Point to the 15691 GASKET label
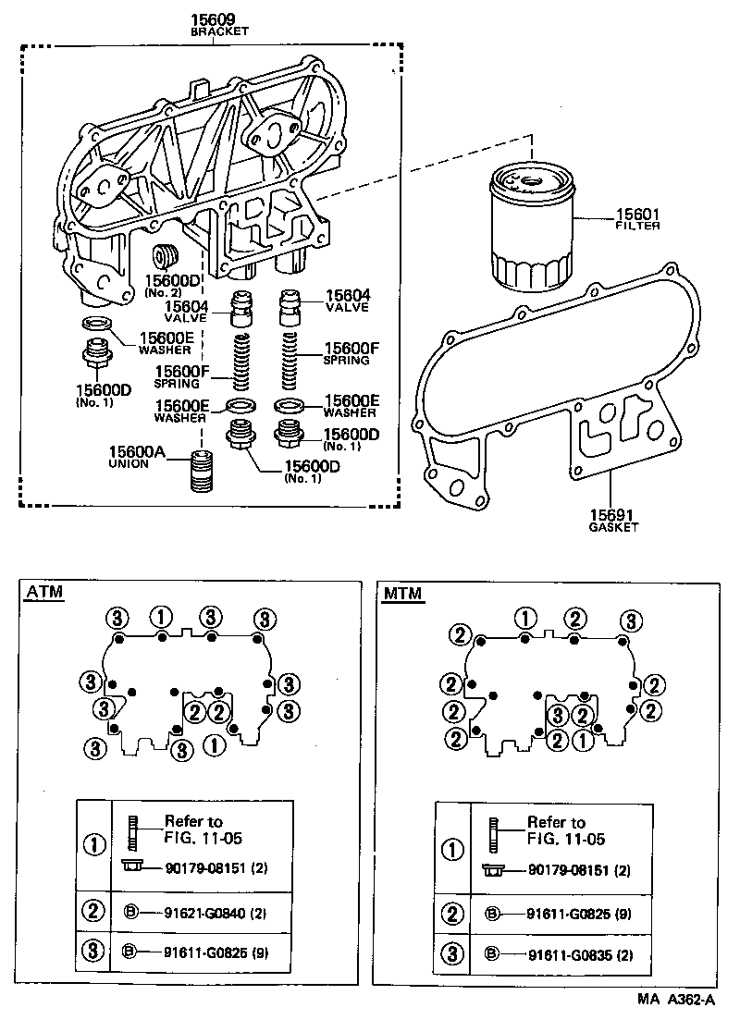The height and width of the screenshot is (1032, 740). point(614,519)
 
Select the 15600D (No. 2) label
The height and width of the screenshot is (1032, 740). point(171,284)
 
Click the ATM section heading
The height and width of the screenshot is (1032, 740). point(44,593)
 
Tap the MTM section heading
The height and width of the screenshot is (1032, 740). point(403,593)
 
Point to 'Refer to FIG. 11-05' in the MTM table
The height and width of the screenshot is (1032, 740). point(564,830)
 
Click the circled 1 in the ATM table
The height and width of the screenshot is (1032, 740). point(94,842)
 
